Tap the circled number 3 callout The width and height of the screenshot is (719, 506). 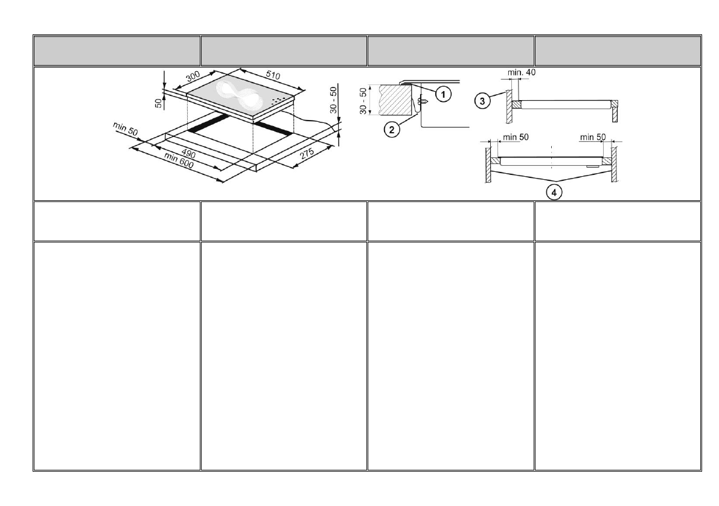click(482, 101)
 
